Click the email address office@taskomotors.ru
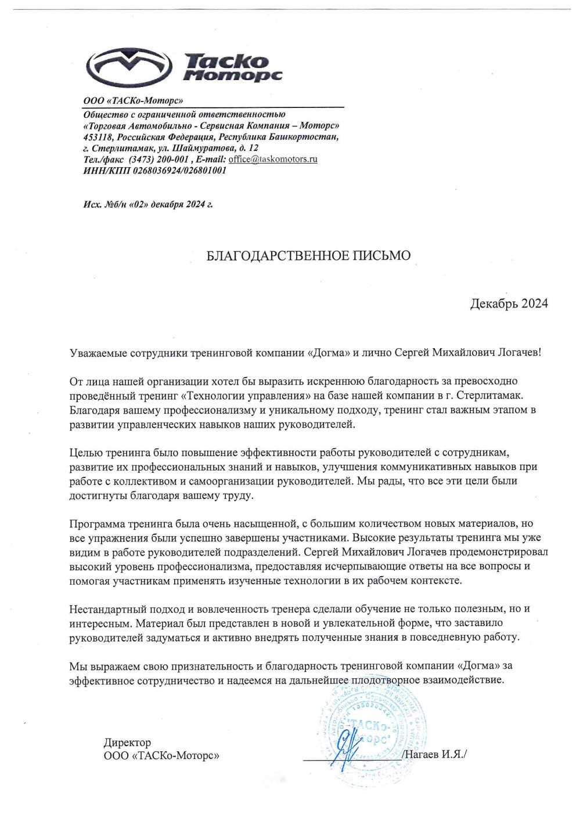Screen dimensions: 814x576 tap(273, 159)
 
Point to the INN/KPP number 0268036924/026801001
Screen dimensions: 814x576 tap(179, 171)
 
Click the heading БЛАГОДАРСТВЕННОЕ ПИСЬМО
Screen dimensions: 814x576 tap(308, 255)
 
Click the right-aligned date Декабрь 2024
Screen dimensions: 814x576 tap(509, 303)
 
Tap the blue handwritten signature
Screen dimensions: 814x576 tap(348, 748)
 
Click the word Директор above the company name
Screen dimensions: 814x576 tap(127, 743)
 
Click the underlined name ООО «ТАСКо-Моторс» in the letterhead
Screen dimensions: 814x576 tap(133, 100)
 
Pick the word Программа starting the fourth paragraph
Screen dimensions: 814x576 tap(99, 524)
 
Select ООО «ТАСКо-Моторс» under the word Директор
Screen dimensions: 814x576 tap(161, 755)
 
